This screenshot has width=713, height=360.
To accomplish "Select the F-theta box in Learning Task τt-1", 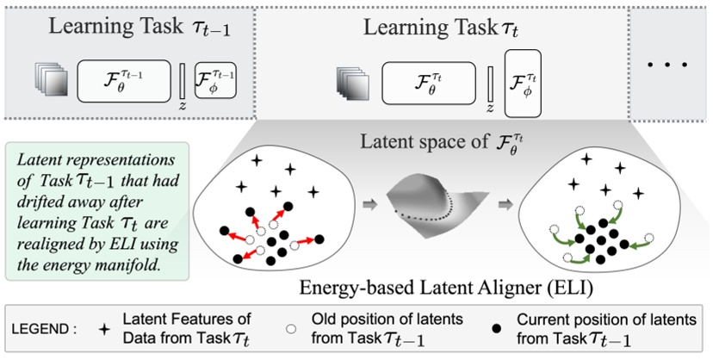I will (123, 82).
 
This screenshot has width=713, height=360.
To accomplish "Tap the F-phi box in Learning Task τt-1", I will (215, 82).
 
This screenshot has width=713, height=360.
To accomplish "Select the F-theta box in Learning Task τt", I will (428, 85).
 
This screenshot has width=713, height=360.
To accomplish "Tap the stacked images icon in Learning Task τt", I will (354, 85).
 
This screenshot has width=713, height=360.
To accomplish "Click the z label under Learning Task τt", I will (489, 109).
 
